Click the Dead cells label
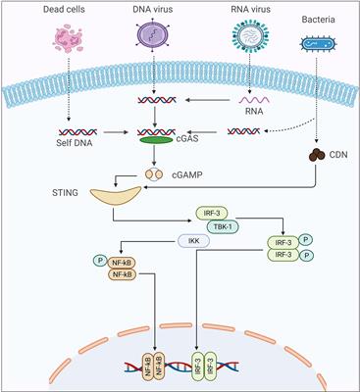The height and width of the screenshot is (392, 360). coord(50,9)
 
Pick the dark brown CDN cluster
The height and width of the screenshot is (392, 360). coord(320,155)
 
